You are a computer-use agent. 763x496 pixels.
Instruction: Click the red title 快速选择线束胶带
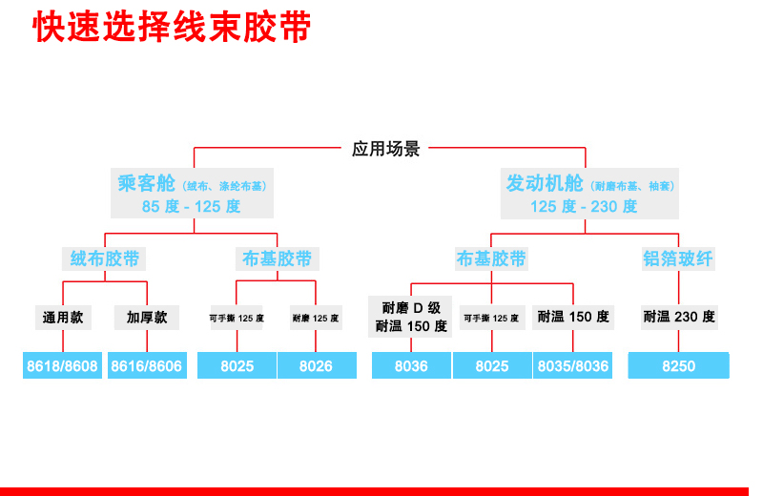[172, 28]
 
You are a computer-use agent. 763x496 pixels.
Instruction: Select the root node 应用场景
[385, 149]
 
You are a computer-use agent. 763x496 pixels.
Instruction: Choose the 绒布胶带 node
[105, 258]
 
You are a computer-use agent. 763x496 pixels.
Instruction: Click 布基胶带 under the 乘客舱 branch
[277, 258]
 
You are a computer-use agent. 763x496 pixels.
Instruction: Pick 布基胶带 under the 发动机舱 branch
[491, 258]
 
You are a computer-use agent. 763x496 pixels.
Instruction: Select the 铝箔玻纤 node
[678, 258]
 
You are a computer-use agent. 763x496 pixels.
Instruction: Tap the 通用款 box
[63, 317]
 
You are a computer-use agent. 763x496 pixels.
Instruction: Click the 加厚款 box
[147, 317]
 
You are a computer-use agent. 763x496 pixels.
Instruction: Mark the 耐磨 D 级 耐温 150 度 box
[411, 317]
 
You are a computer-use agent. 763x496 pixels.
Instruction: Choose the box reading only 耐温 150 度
[572, 317]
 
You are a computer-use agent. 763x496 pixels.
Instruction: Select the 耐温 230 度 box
[678, 317]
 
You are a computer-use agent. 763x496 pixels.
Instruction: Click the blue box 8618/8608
[64, 365]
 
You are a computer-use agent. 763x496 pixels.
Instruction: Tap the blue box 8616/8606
[147, 365]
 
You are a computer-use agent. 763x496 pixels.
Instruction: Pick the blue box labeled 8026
[316, 365]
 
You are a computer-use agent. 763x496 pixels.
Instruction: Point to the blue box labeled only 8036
[411, 365]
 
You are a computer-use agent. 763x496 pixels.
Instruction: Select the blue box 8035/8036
[572, 365]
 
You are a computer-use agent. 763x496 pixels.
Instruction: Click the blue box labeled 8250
[678, 365]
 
